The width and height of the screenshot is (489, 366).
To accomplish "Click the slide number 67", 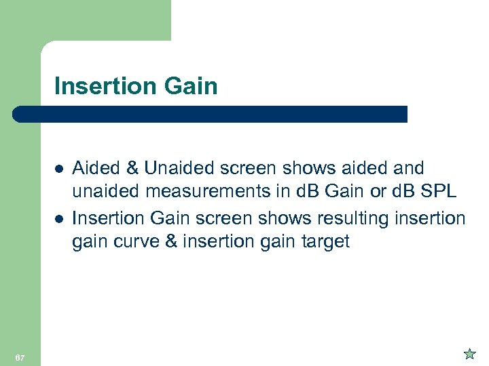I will tap(20, 357).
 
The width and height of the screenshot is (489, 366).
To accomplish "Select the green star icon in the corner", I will tap(469, 353).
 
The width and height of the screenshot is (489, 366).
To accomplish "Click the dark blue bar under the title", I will tap(211, 114).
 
